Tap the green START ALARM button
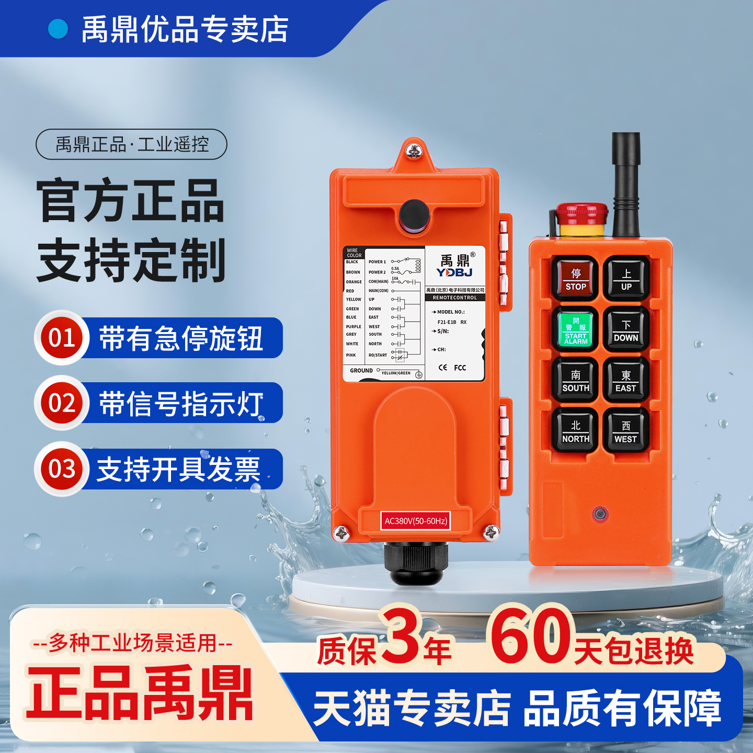[x=576, y=330]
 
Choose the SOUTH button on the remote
[x=576, y=381]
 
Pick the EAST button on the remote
[x=626, y=381]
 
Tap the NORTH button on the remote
[x=576, y=431]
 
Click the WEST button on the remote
[x=626, y=431]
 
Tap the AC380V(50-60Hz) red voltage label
[x=416, y=521]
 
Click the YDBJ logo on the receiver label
[x=455, y=272]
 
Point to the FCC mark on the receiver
[x=460, y=368]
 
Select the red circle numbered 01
[x=62, y=338]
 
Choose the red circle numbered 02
[x=62, y=403]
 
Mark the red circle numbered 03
[x=62, y=469]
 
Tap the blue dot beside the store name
[x=58, y=29]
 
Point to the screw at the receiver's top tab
[x=415, y=152]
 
